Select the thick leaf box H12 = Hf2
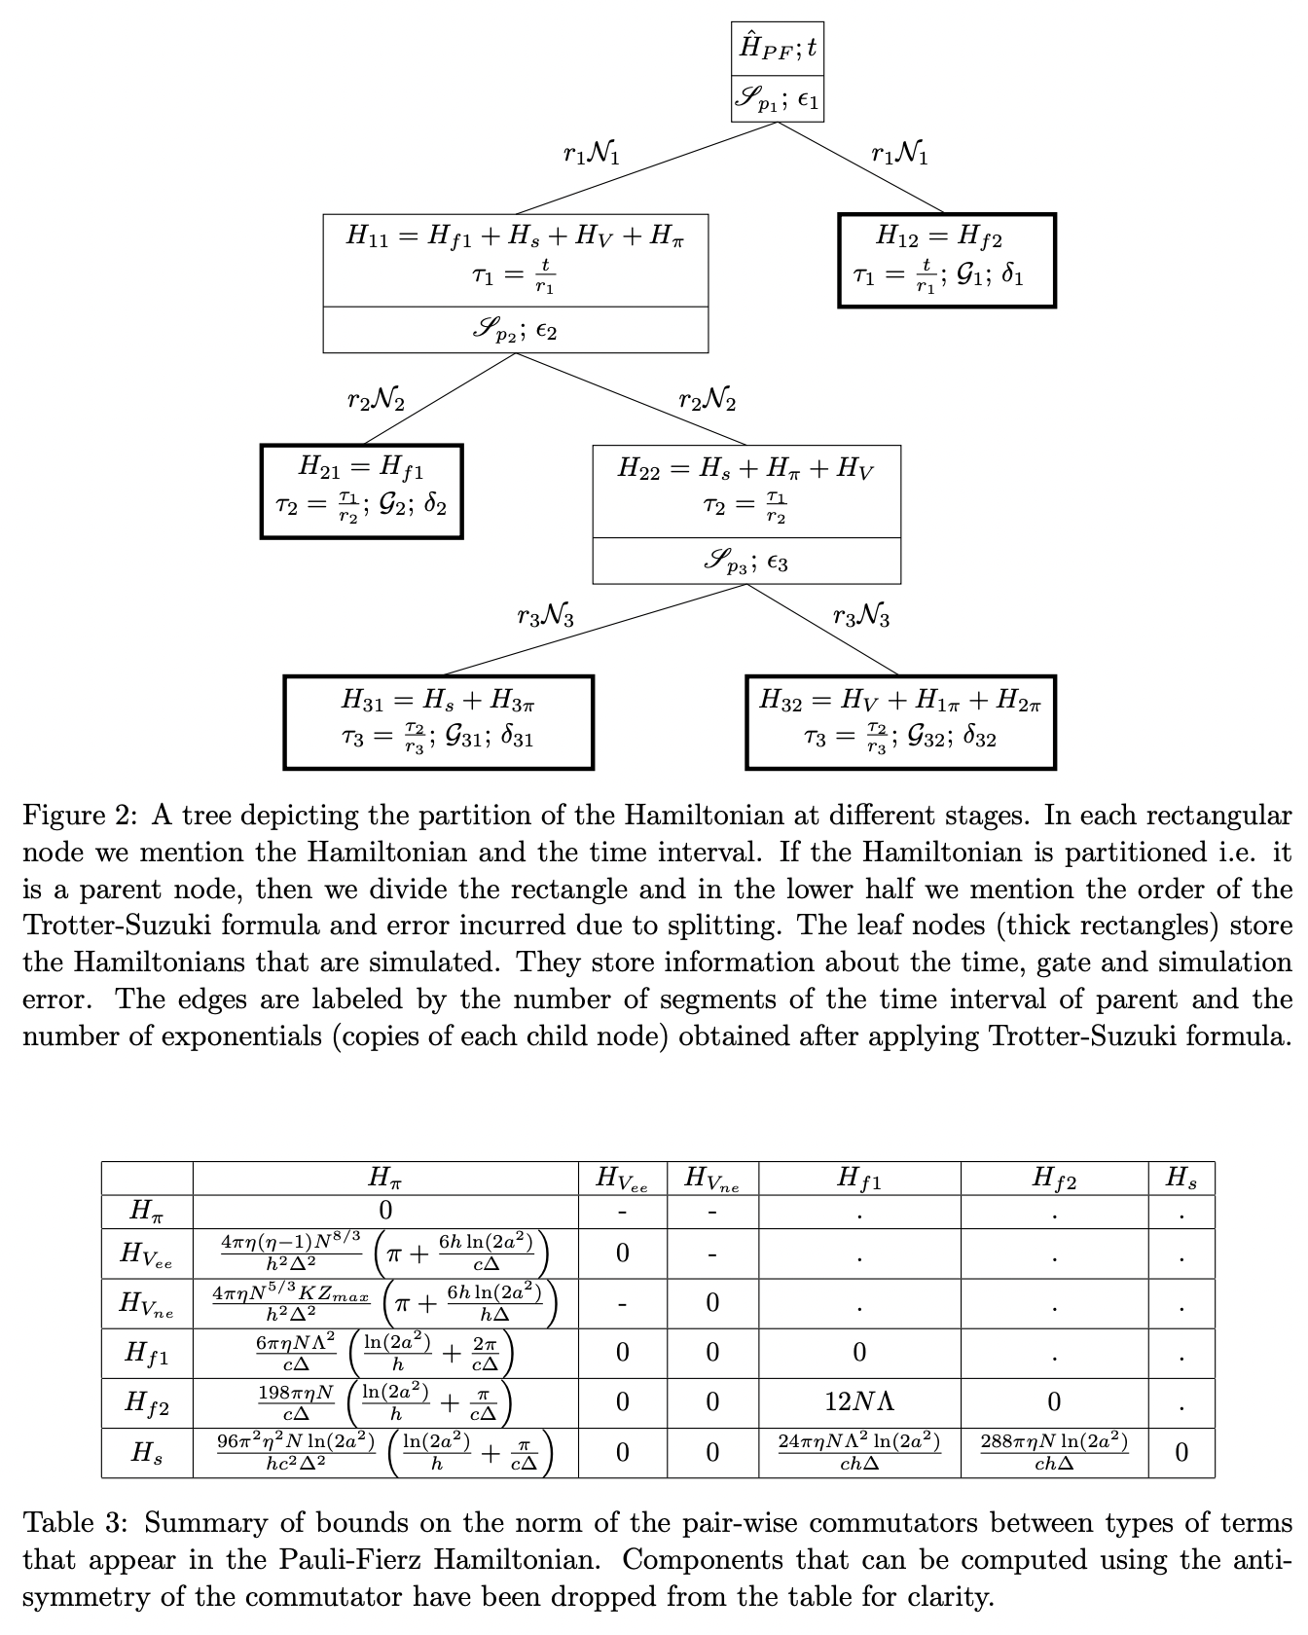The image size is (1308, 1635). click(946, 261)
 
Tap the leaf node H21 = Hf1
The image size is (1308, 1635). click(361, 491)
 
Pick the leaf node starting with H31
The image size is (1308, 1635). click(438, 722)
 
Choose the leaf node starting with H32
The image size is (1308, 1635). click(900, 722)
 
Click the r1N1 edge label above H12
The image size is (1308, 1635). click(899, 155)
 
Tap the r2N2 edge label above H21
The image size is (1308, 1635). click(376, 400)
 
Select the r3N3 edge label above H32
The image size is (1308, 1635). click(861, 616)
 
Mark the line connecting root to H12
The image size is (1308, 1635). click(860, 166)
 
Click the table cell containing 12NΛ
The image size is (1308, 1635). click(859, 1402)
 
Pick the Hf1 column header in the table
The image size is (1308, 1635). click(859, 1179)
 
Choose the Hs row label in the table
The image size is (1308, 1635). click(147, 1453)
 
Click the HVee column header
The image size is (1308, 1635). click(622, 1179)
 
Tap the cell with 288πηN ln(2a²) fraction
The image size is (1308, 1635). click(1054, 1452)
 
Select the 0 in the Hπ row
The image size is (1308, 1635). click(385, 1211)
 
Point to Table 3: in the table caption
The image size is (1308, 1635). click(75, 1523)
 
